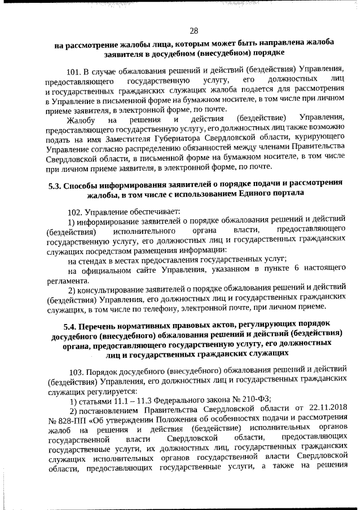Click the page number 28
193,30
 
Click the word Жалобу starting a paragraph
80,119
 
